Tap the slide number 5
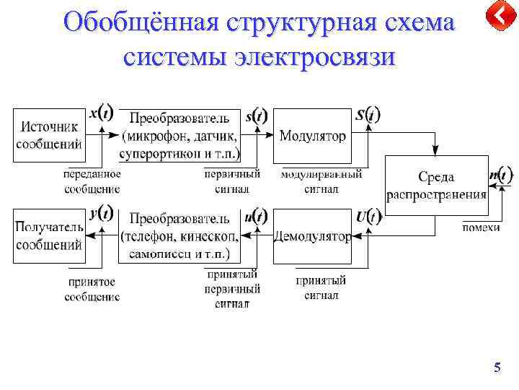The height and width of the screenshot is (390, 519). (x=497, y=368)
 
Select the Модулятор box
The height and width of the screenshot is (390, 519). (x=312, y=136)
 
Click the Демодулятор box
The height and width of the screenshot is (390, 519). (x=312, y=236)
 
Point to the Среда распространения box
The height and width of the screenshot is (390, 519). (x=436, y=186)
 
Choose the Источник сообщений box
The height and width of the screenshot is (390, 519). (x=49, y=135)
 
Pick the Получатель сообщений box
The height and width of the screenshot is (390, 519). (x=49, y=235)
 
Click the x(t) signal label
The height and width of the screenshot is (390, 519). (x=101, y=113)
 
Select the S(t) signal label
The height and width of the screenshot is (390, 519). (x=368, y=115)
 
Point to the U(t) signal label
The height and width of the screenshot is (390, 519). (x=368, y=215)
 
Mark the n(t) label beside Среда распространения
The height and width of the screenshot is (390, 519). (x=500, y=175)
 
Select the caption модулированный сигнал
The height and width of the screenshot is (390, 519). (x=321, y=181)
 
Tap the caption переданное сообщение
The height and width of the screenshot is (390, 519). (x=92, y=181)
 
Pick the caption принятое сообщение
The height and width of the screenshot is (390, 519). (x=92, y=290)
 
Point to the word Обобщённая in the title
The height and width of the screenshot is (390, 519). (x=141, y=22)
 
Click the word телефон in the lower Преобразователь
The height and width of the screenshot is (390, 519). (x=154, y=236)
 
